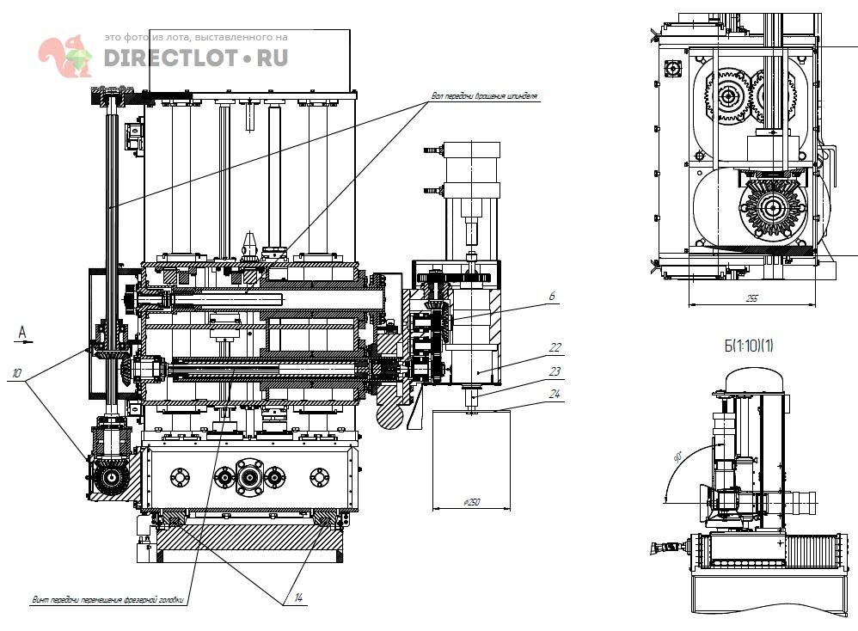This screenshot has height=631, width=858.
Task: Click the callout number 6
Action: (x=551, y=296)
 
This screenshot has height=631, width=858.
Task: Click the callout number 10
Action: (x=16, y=373)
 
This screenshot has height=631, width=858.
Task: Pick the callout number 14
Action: (x=298, y=597)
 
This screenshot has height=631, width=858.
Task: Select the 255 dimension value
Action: (x=751, y=298)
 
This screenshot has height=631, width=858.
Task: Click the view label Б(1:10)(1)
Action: (x=749, y=346)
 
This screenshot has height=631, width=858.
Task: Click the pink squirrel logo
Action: (x=65, y=55)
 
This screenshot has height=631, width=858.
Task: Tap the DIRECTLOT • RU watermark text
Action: (x=196, y=58)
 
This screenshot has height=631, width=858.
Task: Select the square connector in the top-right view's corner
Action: (x=671, y=67)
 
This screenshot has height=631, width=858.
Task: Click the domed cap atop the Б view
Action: (x=754, y=380)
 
